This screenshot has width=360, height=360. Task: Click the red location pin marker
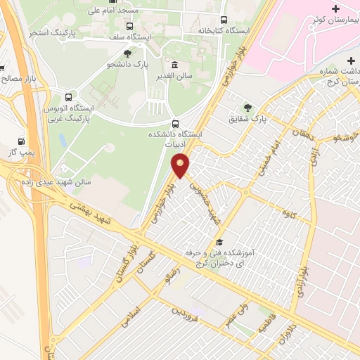[x=181, y=167]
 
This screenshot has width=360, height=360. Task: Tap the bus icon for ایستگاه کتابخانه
[x=224, y=20]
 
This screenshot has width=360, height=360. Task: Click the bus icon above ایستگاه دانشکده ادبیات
[x=175, y=121]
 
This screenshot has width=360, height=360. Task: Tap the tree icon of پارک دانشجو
[x=127, y=54]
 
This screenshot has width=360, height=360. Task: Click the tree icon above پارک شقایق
[x=247, y=107]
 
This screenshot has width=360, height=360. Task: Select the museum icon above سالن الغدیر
[x=174, y=65]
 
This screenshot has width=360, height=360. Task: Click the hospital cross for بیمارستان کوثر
[x=335, y=9]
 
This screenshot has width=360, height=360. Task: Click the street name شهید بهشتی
[x=91, y=212]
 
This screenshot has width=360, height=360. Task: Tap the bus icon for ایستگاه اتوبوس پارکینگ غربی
[x=68, y=97]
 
